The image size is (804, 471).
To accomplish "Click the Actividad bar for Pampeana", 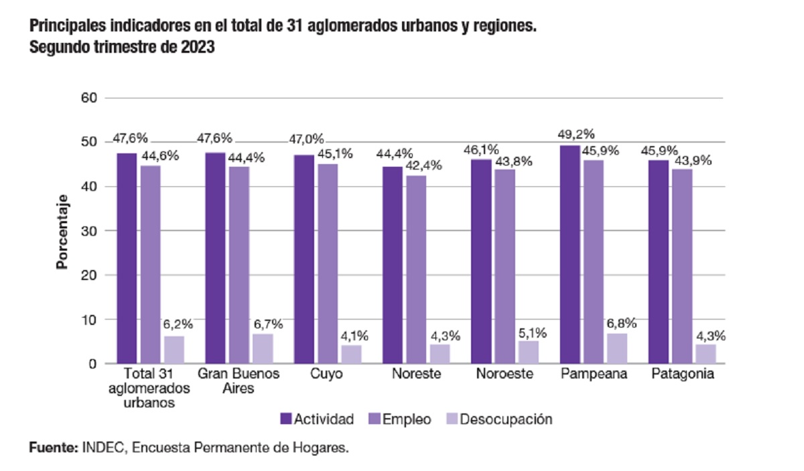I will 569,255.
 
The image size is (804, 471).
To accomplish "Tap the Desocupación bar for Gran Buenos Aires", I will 263,348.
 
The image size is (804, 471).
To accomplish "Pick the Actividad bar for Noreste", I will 392,265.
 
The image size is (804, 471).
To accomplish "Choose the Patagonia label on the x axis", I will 682,375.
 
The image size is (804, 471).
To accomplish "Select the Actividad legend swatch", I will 285,419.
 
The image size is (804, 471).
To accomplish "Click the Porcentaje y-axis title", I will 62,231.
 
